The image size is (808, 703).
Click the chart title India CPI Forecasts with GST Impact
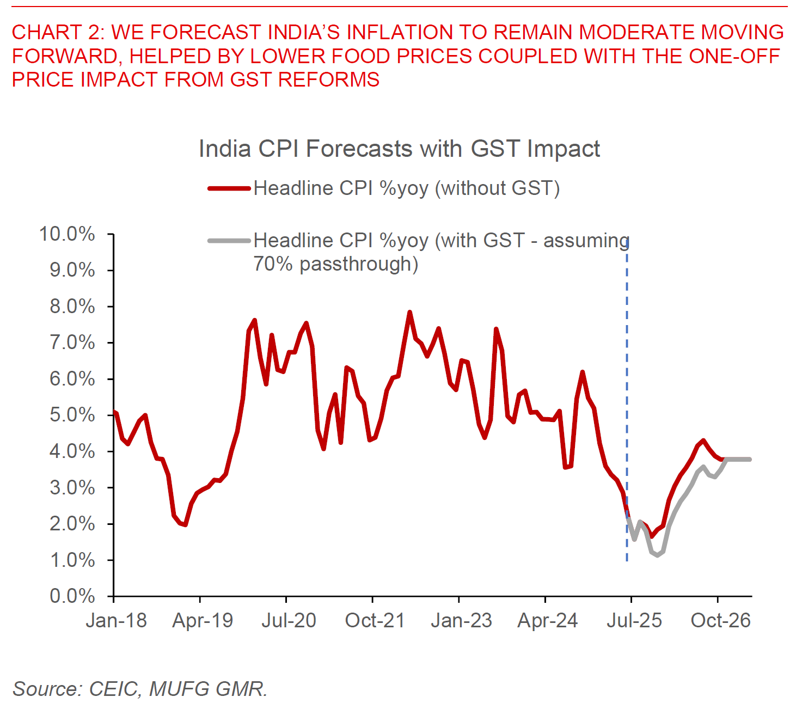399,149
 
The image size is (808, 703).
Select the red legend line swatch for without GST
229,188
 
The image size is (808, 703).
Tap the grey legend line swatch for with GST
229,240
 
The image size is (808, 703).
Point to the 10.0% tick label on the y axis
67,234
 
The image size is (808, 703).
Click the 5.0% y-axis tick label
72,415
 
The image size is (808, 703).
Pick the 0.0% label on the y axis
72,596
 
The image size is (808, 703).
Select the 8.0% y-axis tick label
72,307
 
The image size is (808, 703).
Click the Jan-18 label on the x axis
116,620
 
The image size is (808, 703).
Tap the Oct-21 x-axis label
375,620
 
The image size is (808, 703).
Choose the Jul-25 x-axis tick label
634,620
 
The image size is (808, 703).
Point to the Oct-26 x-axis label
720,620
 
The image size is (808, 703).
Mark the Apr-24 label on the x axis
547,620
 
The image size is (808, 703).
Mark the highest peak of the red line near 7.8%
410,313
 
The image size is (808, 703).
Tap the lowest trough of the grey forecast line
657,555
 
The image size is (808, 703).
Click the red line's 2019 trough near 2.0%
185,524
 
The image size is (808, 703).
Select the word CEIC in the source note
113,689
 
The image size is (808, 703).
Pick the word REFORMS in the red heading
328,80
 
